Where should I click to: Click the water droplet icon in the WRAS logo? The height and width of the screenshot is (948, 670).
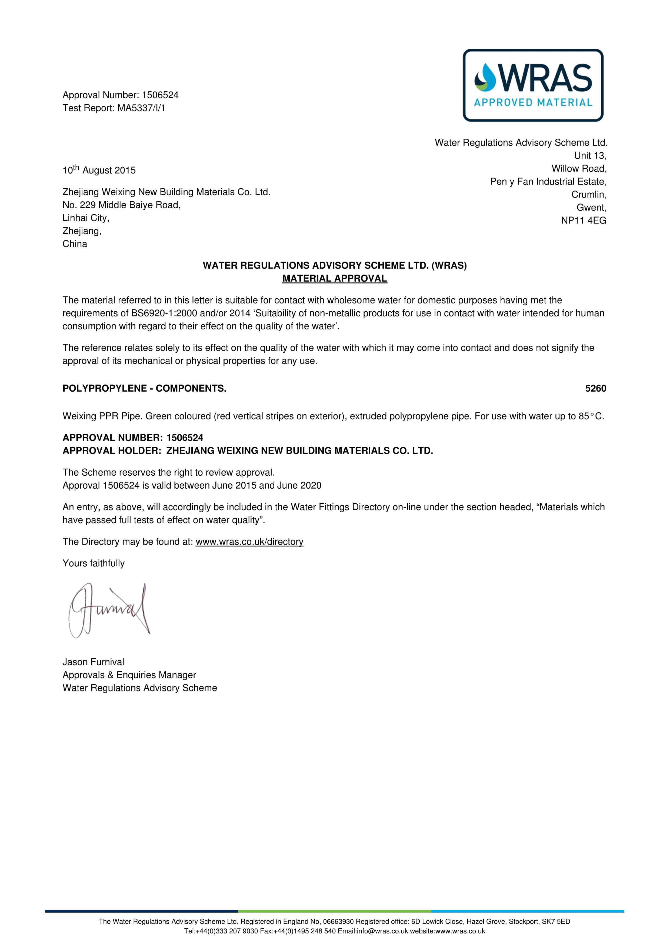pos(485,77)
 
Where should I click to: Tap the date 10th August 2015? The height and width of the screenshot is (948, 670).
pos(99,170)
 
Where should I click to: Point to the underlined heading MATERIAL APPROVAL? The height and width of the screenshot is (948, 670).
pos(334,279)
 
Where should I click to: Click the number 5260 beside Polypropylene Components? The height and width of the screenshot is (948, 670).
pos(595,389)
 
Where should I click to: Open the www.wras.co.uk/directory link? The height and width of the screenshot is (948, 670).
pos(249,542)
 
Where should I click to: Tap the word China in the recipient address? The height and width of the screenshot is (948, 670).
pos(75,244)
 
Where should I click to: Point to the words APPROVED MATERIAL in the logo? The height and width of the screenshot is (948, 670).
pos(533,102)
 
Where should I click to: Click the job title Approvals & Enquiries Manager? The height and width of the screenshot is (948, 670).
pos(129,675)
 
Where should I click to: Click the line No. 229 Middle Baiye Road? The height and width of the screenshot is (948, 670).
pos(121,205)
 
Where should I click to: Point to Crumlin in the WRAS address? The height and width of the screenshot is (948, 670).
pos(589,195)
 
